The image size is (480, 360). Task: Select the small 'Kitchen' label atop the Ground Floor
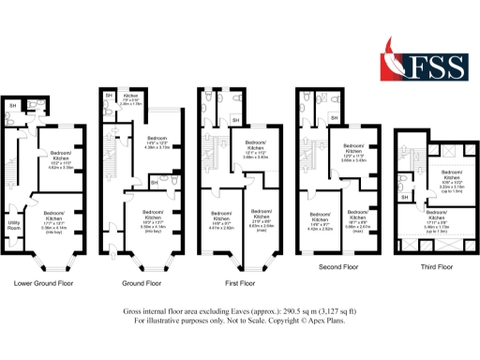(131, 96)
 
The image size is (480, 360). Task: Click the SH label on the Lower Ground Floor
(13, 105)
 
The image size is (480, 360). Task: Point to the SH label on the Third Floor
(403, 197)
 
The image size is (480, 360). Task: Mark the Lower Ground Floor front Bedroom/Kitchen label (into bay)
(59, 218)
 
